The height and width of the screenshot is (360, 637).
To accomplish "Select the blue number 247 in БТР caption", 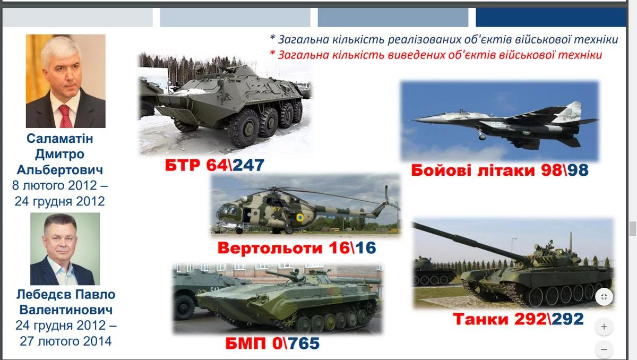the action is (x=248, y=165).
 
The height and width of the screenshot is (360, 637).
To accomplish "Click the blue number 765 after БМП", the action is (x=304, y=343).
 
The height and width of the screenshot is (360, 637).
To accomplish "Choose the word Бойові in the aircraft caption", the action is (x=441, y=170).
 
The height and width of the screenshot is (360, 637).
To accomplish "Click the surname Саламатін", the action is (x=59, y=139).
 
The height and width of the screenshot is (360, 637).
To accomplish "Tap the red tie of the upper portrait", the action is (x=66, y=116).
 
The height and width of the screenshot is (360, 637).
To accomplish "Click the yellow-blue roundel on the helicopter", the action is (x=300, y=218).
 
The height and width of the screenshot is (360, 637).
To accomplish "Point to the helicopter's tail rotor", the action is (x=388, y=201).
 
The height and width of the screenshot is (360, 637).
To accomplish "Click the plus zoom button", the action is (x=604, y=327).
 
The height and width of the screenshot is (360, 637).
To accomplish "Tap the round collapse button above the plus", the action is (x=604, y=297).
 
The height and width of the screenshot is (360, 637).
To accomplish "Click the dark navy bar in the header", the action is (x=551, y=18).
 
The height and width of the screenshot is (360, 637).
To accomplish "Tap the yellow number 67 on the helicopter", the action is (x=277, y=209).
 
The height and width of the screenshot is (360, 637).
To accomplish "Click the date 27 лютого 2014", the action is (x=66, y=341).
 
